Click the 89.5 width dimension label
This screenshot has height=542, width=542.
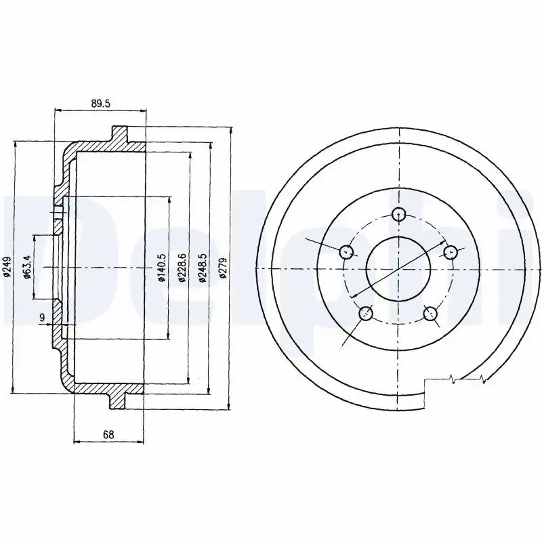(x=100, y=104)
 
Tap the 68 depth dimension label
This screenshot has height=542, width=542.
(x=108, y=434)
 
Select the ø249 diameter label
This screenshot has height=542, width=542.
(x=7, y=267)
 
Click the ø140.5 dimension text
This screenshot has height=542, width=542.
(x=162, y=267)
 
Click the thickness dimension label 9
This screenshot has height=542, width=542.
(x=42, y=317)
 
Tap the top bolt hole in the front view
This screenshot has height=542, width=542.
(x=399, y=214)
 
